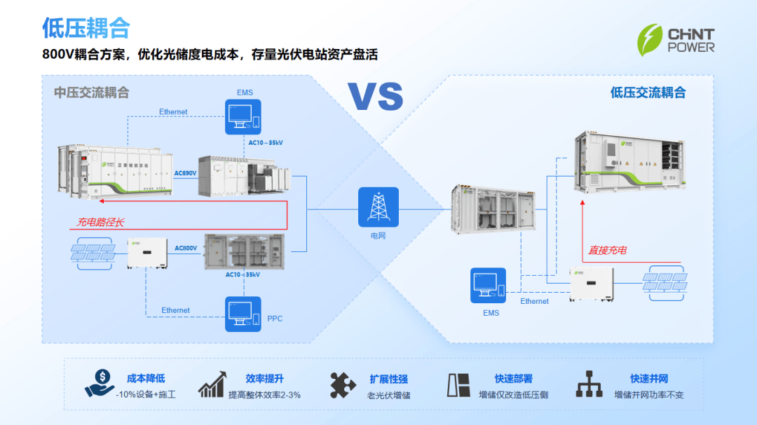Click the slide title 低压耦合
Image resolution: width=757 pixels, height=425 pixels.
86,28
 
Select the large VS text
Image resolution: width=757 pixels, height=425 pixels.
376,96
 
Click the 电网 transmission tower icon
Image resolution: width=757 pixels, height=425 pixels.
378,207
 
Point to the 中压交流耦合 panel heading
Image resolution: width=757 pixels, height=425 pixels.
92,92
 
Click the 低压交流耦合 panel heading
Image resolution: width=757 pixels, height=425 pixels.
648,92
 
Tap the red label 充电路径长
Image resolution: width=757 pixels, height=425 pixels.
101,222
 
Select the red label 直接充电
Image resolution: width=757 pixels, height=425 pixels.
607,250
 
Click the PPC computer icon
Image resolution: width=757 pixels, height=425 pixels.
243,314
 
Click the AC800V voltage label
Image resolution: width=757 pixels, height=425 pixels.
186,248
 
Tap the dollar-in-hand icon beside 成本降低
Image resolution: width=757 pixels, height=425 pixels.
99,382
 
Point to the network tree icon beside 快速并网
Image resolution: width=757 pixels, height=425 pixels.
589,384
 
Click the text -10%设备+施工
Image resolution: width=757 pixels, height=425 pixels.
146,395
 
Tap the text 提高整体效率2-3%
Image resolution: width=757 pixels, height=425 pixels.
264,395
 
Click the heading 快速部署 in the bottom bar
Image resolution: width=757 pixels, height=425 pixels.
513,379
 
